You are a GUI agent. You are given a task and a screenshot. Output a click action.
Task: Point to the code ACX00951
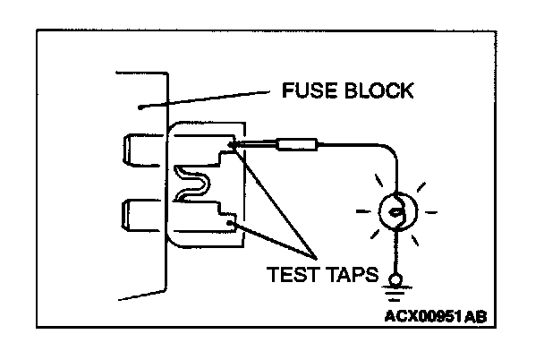[x=417, y=316]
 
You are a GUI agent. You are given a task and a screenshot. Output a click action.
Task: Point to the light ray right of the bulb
[x=430, y=213]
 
